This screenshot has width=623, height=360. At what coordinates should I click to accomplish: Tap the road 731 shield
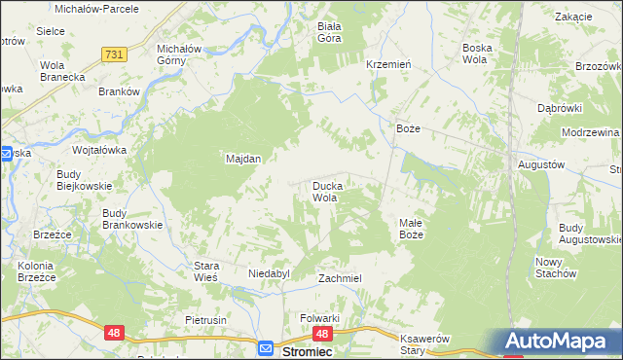point(114,55)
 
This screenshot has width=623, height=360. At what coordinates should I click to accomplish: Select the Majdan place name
point(243,158)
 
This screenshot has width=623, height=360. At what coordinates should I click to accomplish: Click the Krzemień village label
point(386,63)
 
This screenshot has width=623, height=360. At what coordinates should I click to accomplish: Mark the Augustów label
point(541,165)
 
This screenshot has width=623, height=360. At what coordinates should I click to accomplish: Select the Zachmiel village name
point(340,278)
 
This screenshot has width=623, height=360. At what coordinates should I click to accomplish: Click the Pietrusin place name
point(205,319)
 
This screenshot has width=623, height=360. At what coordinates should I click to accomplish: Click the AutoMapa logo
point(558,342)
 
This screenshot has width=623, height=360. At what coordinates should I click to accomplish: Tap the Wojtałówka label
point(100,151)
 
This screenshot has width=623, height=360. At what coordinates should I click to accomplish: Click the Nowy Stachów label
point(557,268)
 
